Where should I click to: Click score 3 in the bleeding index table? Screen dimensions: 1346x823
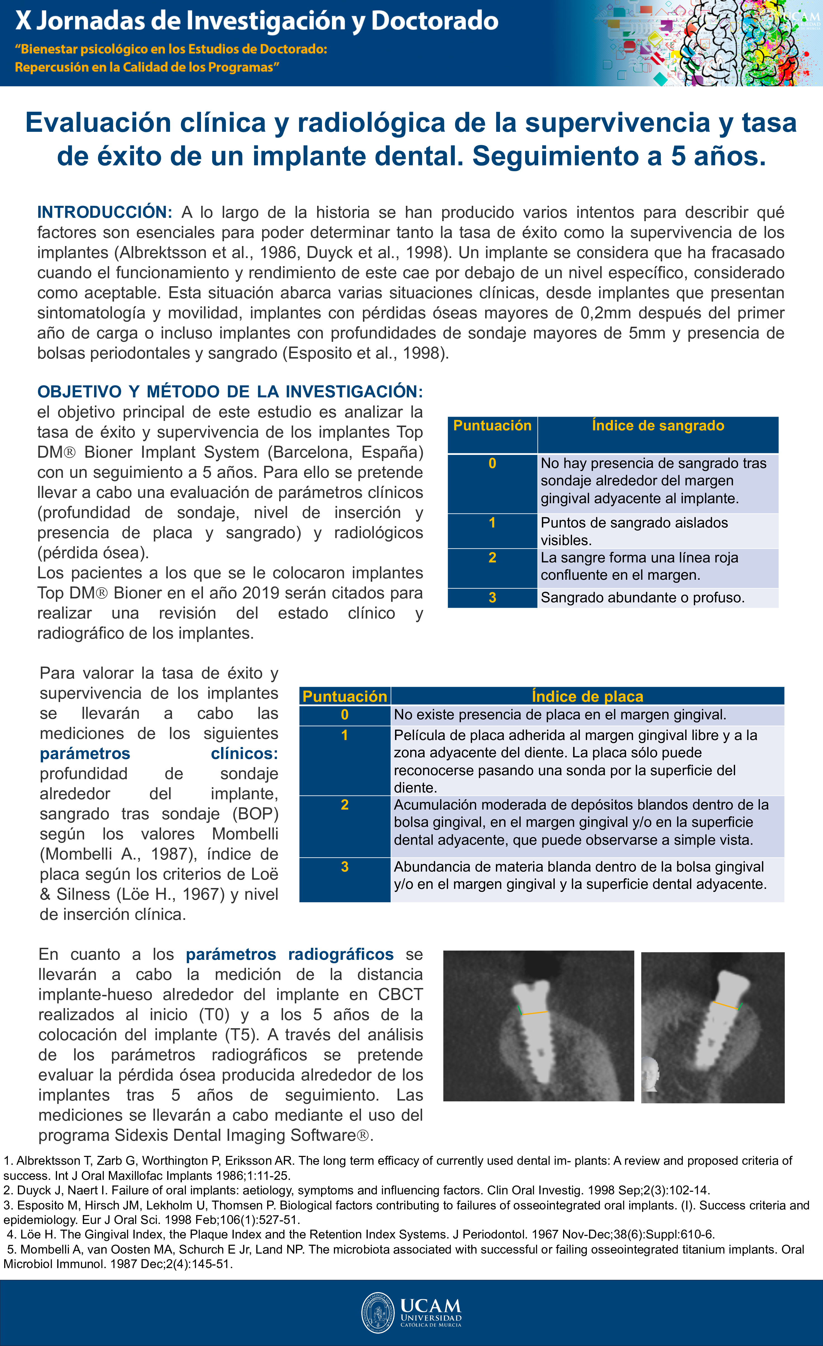(492, 598)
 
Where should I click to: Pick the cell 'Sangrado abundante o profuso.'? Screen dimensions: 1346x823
(642, 598)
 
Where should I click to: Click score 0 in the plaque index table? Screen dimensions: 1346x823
(344, 715)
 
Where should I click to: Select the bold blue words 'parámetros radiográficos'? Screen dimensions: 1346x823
(290, 954)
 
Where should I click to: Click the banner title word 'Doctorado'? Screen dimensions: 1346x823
(435, 21)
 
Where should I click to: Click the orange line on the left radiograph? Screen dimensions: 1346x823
(535, 1013)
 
